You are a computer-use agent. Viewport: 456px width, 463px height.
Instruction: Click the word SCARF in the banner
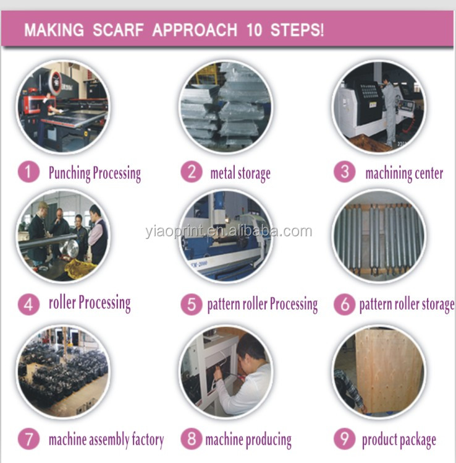[x=118, y=30]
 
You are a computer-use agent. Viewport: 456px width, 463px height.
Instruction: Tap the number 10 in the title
[x=254, y=30]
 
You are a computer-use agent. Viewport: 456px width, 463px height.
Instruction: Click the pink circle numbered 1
[x=28, y=172]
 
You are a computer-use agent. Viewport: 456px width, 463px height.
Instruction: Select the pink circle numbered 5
[x=192, y=304]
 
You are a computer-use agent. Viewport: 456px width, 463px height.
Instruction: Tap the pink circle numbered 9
[x=344, y=439]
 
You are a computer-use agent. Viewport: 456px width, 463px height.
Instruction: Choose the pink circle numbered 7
[x=28, y=439]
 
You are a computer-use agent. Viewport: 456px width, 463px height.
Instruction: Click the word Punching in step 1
[x=70, y=173]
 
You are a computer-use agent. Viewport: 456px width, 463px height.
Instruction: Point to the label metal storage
[x=240, y=173]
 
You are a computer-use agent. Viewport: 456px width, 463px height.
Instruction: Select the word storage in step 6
[x=438, y=305]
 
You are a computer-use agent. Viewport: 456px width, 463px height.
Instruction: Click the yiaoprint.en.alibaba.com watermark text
[x=229, y=231]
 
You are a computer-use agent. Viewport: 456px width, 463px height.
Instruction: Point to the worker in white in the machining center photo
[x=389, y=109]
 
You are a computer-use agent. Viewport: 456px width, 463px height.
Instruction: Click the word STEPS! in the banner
[x=297, y=30]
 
